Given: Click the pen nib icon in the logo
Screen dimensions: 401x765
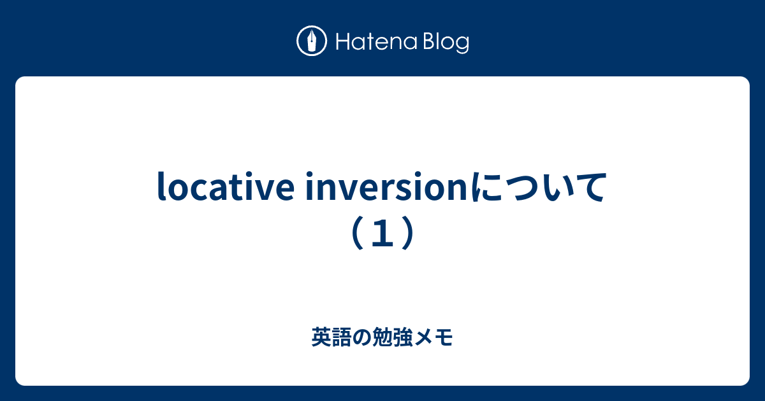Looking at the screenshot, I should point(312,42).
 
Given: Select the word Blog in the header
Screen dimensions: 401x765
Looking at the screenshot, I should point(445,43).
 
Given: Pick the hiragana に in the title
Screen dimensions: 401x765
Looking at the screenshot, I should point(487,188).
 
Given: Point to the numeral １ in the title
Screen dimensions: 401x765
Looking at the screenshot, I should point(382,234).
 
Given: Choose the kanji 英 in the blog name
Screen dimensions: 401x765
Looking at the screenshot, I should point(321,337).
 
